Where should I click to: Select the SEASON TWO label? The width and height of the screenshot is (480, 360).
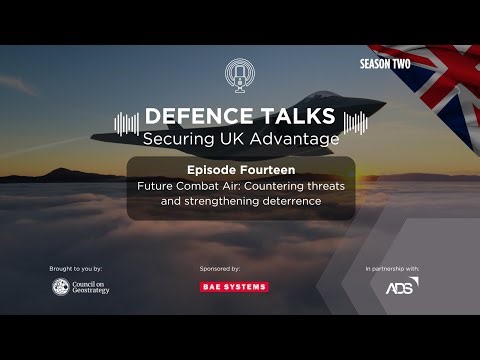[385, 63]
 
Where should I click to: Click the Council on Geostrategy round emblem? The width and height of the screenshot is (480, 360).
[61, 287]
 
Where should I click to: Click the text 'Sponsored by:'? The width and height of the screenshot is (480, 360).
[220, 269]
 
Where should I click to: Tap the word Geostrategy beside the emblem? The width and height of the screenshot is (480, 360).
[93, 292]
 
